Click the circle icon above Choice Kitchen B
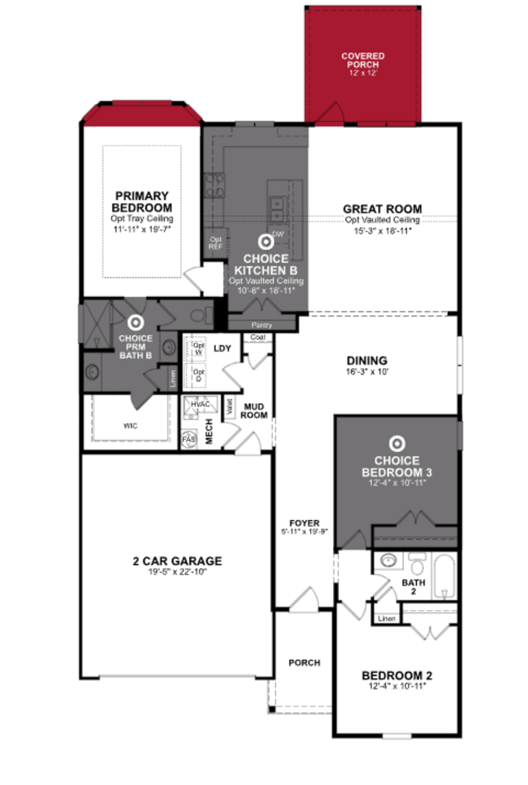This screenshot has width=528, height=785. coord(266,242)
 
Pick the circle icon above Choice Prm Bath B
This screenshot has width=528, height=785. coord(136,323)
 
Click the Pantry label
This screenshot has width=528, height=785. coord(262,325)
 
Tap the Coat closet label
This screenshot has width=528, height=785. coord(258,337)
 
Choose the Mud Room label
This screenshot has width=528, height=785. coord(254,411)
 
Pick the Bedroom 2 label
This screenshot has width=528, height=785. coord(397,675)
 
